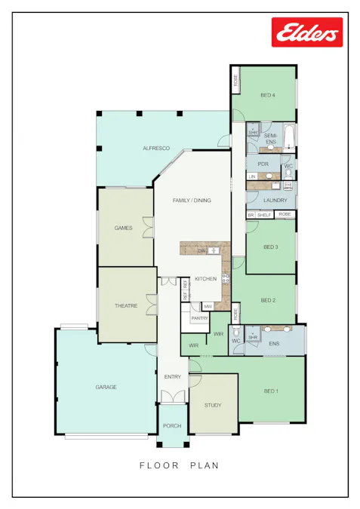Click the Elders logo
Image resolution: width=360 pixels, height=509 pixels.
click(x=307, y=33)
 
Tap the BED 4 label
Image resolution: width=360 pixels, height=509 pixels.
click(x=268, y=95)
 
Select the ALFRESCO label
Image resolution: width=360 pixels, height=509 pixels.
click(x=155, y=149)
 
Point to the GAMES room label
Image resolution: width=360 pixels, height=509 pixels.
click(x=123, y=227)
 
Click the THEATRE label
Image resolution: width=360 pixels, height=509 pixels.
click(x=125, y=305)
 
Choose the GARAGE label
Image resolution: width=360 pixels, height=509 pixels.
click(x=106, y=387)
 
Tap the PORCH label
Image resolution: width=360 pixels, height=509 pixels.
click(x=172, y=426)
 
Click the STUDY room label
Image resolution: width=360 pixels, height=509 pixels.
click(x=213, y=406)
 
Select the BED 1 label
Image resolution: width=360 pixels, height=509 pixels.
click(x=271, y=391)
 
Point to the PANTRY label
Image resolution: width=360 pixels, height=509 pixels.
click(x=199, y=318)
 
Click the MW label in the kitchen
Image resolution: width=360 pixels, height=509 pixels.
click(x=208, y=306)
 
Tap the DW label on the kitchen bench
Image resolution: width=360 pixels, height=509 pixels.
click(x=202, y=250)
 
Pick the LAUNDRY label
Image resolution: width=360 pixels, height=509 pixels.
click(x=275, y=200)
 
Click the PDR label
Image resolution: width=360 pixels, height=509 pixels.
click(x=263, y=164)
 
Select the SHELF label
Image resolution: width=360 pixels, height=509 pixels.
click(x=263, y=215)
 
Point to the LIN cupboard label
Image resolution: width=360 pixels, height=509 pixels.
click(x=252, y=176)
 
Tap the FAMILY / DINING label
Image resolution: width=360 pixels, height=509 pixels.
click(x=192, y=201)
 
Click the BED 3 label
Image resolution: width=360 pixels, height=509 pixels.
click(x=271, y=247)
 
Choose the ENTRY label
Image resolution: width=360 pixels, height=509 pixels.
click(x=173, y=376)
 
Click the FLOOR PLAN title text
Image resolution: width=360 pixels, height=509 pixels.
click(x=180, y=465)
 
